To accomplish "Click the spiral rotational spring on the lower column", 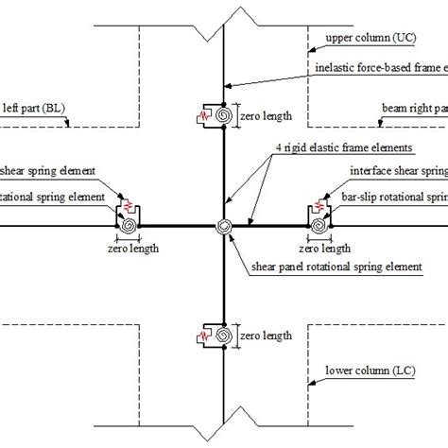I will tap(225, 336).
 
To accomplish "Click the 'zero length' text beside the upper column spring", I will tap(266, 116).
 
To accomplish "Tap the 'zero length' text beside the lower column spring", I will tap(266, 336).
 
